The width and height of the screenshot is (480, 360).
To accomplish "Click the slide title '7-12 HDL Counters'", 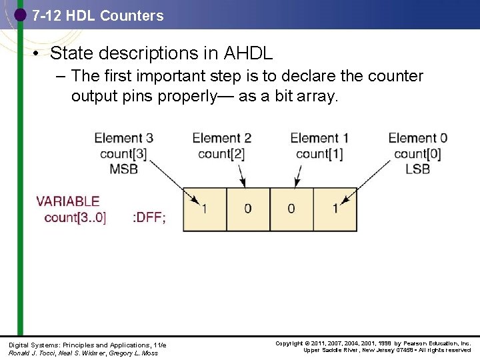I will click(97, 15).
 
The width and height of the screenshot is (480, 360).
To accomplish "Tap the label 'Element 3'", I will click(123, 138).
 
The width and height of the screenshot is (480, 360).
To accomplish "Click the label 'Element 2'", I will click(221, 138).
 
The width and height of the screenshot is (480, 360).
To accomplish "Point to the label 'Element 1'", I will click(319, 138).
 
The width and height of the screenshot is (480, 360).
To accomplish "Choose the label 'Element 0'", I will click(417, 138).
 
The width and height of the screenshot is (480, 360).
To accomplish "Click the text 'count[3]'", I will click(123, 153).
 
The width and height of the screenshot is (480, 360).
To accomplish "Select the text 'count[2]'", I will click(221, 153).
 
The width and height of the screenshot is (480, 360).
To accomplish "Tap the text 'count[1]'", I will click(319, 153).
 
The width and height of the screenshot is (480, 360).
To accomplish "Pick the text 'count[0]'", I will click(417, 153).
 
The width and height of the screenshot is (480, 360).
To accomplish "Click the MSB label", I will click(123, 169).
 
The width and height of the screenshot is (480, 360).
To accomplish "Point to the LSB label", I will click(417, 169).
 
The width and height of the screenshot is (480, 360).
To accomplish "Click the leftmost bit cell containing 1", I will click(205, 209).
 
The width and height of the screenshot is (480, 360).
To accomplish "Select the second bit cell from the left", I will click(248, 209).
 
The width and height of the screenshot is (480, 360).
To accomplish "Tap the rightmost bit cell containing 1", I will click(335, 209).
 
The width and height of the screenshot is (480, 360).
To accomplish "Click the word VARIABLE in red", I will click(68, 201).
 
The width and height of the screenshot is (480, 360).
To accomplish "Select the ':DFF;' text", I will click(149, 217).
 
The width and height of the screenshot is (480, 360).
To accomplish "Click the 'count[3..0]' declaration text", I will click(75, 217).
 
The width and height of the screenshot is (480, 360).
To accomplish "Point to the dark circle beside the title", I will click(20, 13).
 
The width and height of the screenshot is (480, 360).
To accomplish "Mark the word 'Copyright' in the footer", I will click(289, 343).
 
